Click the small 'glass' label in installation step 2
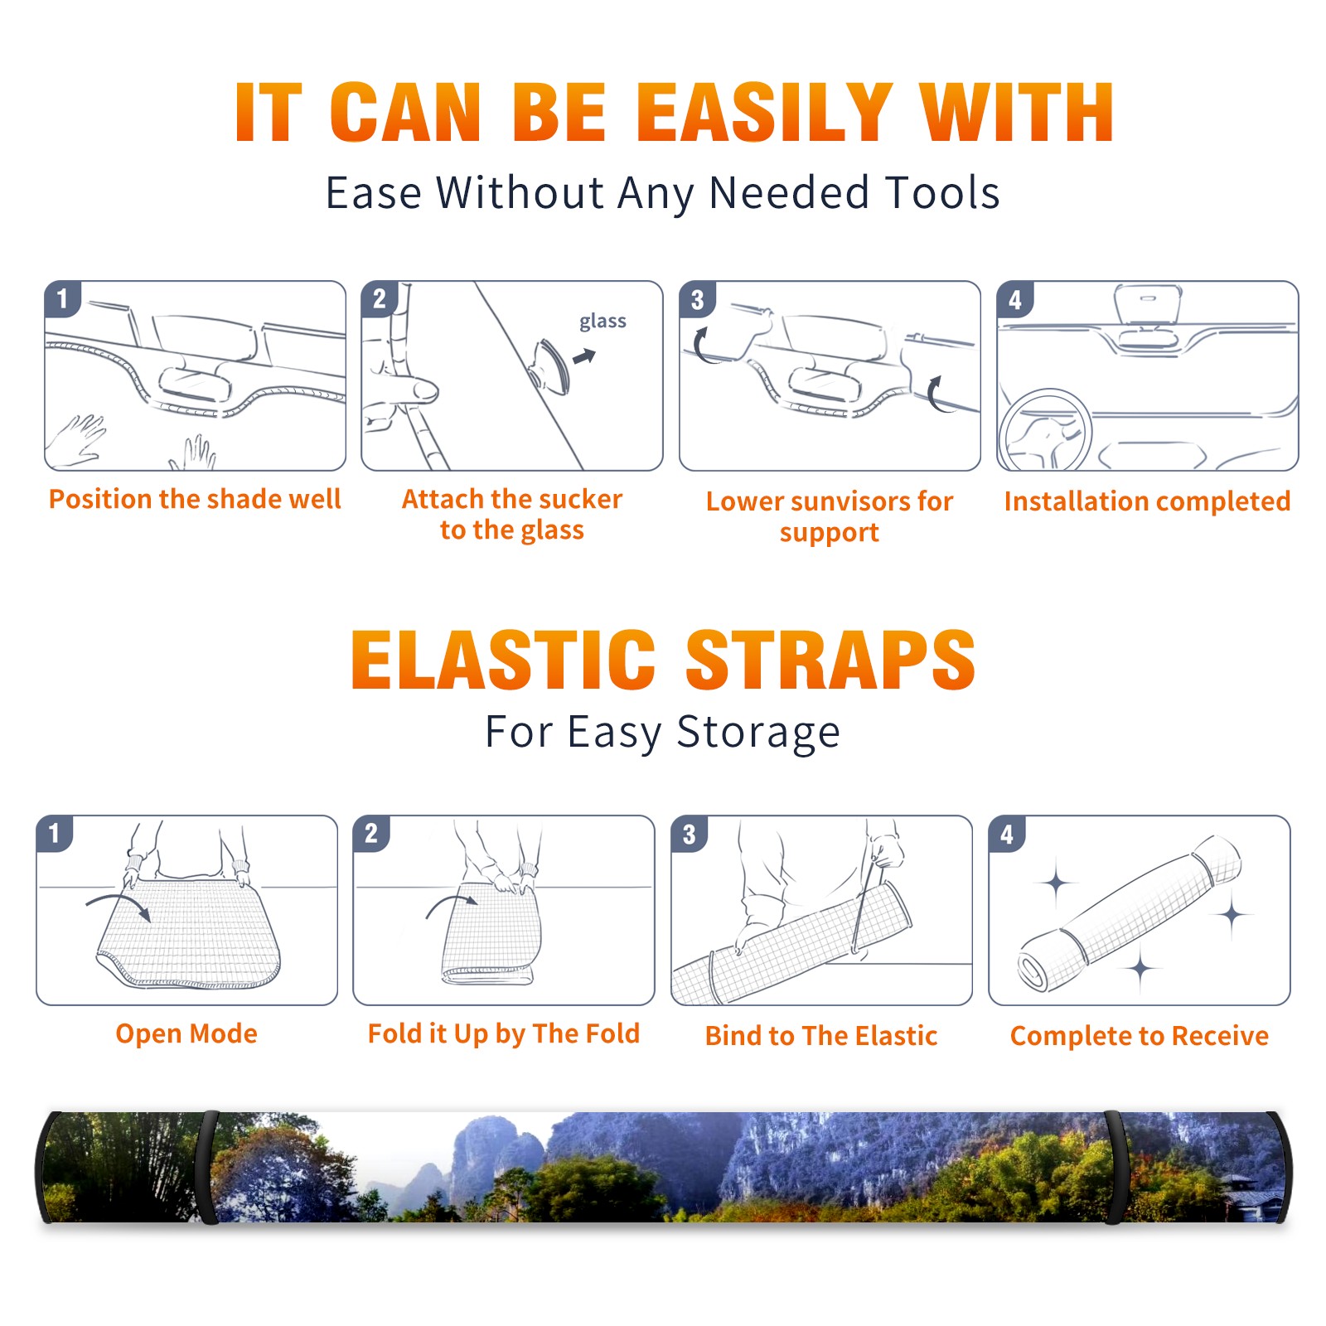coord(603,322)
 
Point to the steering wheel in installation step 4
coord(1044,429)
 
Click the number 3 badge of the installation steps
coord(698,299)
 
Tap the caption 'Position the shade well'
coord(195,499)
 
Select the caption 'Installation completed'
coord(1147,501)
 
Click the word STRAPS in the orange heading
coord(830,660)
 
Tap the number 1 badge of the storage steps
coord(55,834)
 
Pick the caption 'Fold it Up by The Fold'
coord(504,1033)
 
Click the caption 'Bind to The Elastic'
coord(821,1036)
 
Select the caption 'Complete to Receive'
coord(1140,1036)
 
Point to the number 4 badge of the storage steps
coord(1007,834)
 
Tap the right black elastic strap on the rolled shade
coord(1115,1167)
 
